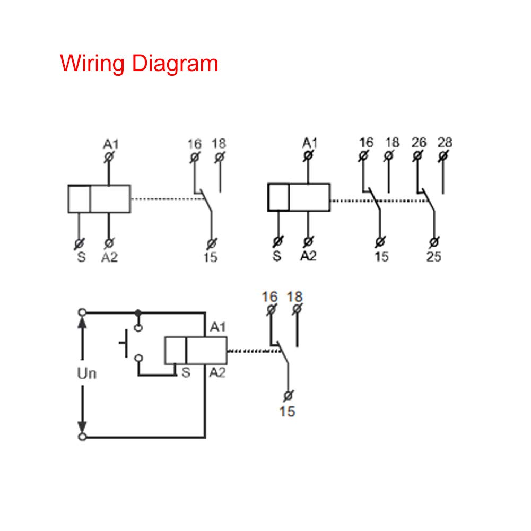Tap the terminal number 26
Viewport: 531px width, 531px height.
tap(419, 142)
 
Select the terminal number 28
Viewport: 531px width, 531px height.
tap(445, 142)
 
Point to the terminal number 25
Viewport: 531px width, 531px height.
tap(433, 257)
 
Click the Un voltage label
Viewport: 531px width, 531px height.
tap(87, 373)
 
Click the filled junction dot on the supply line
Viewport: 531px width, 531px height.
tap(138, 312)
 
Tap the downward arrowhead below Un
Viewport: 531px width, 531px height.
tap(82, 426)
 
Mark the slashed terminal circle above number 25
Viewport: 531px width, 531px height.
tap(434, 242)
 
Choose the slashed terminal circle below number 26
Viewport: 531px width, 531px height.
tap(417, 156)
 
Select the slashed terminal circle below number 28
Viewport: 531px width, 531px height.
tap(443, 156)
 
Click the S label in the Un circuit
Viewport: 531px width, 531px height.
tap(185, 373)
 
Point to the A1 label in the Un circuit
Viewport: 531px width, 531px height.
tap(217, 327)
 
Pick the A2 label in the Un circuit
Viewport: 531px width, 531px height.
tap(217, 373)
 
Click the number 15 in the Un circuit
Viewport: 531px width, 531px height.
tap(287, 411)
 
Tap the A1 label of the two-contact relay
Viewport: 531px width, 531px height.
tap(310, 142)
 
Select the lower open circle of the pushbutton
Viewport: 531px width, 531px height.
tap(138, 359)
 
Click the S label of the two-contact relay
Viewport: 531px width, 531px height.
tap(277, 257)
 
